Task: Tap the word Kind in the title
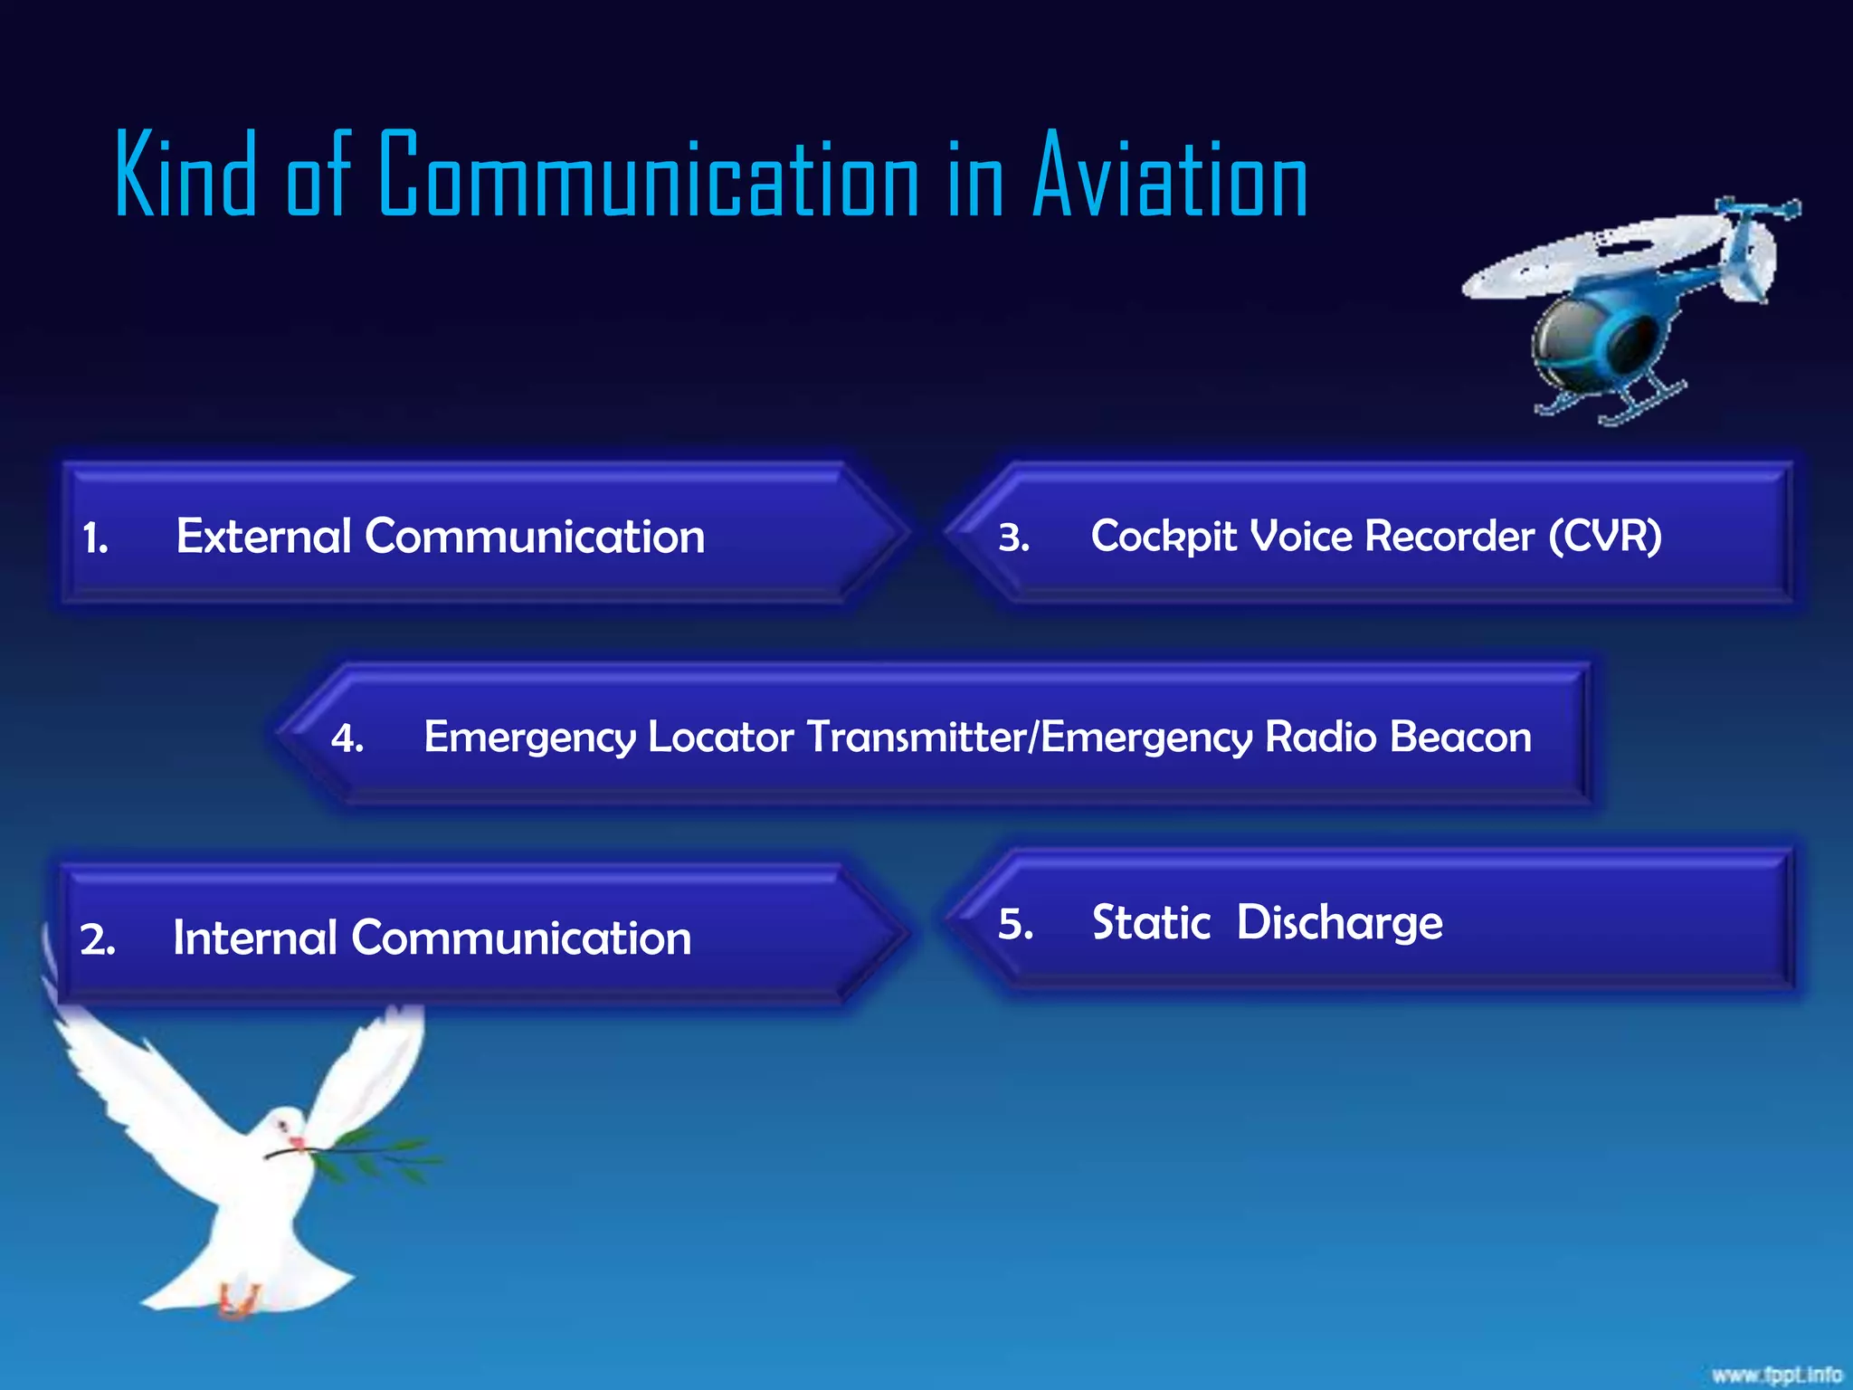click(185, 176)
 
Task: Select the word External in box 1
click(263, 536)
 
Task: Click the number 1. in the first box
click(95, 539)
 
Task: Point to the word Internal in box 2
click(254, 938)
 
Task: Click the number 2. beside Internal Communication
click(97, 940)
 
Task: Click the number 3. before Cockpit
click(1013, 538)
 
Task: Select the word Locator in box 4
click(721, 737)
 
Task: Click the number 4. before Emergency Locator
click(347, 739)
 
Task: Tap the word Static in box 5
click(1151, 923)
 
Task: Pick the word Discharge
click(1339, 923)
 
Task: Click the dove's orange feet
click(237, 1303)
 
